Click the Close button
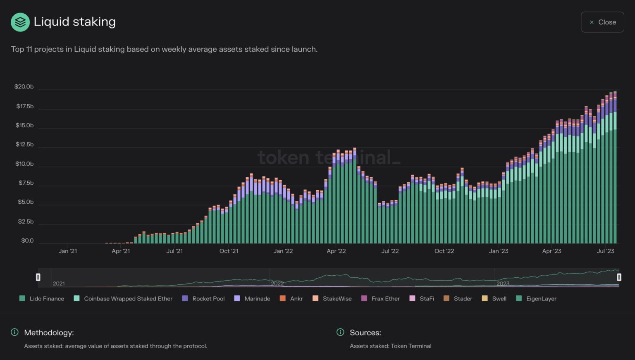(x=602, y=22)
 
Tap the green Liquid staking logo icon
(x=20, y=22)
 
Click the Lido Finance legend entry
(x=42, y=298)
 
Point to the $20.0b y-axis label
(x=24, y=87)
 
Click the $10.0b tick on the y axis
(x=24, y=164)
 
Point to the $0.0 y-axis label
(x=27, y=241)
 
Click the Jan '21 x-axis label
(x=68, y=251)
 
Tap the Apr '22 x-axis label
(x=336, y=251)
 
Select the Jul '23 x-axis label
(x=605, y=251)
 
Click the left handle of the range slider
(x=38, y=277)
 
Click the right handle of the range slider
(x=619, y=277)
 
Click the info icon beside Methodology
(x=14, y=332)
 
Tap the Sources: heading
(x=365, y=333)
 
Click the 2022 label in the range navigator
(x=277, y=284)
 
